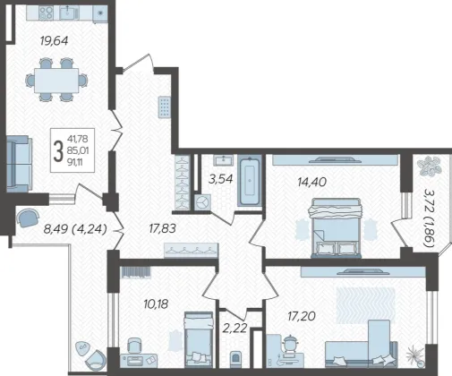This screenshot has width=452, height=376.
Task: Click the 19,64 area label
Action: click(x=54, y=40)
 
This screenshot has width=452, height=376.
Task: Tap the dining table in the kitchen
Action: click(x=56, y=81)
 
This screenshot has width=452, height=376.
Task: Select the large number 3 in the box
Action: click(x=58, y=151)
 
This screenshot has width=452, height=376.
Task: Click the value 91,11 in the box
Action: click(x=75, y=162)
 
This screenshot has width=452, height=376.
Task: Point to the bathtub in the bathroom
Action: click(x=250, y=182)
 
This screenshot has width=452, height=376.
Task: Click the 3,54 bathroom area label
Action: click(x=221, y=179)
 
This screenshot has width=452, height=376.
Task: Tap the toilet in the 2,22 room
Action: click(x=236, y=359)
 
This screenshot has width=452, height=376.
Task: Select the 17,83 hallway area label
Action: click(x=163, y=229)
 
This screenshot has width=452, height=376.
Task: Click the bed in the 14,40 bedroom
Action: click(x=337, y=228)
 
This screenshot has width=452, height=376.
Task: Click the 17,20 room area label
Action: click(x=302, y=316)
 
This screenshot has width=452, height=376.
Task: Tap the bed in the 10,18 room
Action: click(x=199, y=339)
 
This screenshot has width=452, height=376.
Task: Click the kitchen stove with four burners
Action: click(x=46, y=13)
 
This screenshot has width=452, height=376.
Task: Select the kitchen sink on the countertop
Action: click(x=69, y=13)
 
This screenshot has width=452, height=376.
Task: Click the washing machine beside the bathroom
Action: click(x=203, y=202)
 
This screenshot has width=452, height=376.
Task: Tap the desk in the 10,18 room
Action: click(x=139, y=360)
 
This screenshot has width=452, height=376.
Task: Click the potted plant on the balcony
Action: click(x=430, y=167)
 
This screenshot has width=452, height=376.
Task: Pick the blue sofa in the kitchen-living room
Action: click(x=19, y=164)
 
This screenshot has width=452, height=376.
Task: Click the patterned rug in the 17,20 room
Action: click(x=366, y=305)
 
